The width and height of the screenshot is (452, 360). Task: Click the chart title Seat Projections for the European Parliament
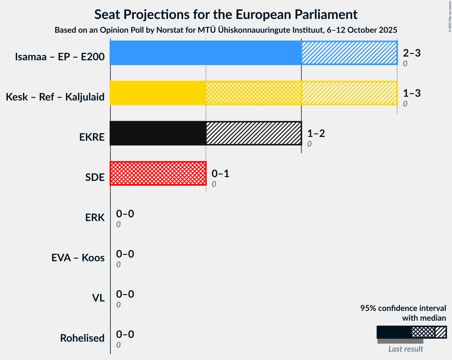(x=226, y=14)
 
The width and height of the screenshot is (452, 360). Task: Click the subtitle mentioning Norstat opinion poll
(x=226, y=30)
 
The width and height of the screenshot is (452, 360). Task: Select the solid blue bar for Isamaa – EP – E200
(x=205, y=53)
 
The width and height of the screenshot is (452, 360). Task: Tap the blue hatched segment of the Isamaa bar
(x=349, y=53)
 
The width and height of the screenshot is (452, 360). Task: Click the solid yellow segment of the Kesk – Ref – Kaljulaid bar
(x=158, y=93)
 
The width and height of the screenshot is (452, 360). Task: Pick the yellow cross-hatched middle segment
(x=254, y=93)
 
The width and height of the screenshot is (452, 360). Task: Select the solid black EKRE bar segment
(x=158, y=133)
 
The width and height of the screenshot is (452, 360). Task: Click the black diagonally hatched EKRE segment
(x=254, y=133)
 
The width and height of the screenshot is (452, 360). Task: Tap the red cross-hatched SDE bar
(x=158, y=173)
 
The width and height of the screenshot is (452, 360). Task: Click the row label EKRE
(x=92, y=137)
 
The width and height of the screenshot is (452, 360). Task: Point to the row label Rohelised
(x=82, y=338)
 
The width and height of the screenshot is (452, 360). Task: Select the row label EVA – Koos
(x=78, y=258)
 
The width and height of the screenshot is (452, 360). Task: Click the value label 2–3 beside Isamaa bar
(x=412, y=53)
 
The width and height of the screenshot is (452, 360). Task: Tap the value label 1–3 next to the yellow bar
(x=412, y=93)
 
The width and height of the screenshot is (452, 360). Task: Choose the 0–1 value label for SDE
(x=220, y=174)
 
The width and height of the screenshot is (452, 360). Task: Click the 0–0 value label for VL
(x=125, y=294)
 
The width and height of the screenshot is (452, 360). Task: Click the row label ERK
(x=95, y=218)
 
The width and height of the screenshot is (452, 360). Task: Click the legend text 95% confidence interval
(x=403, y=308)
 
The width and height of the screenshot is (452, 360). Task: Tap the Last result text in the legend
(x=406, y=349)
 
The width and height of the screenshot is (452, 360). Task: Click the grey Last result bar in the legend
(x=400, y=341)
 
